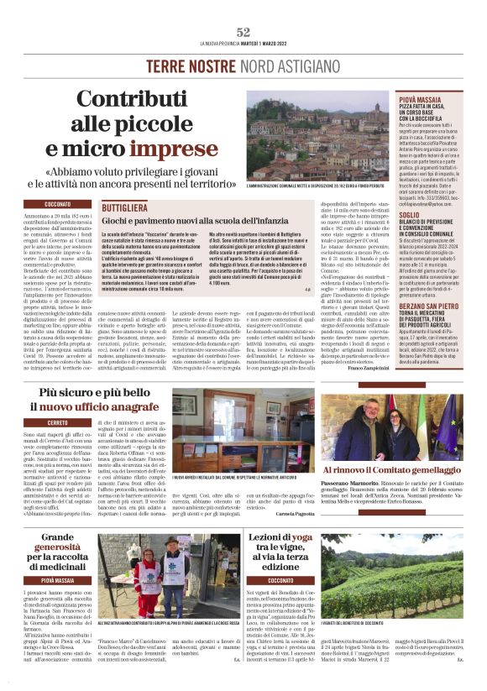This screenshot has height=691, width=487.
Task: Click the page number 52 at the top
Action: [x=243, y=31]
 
